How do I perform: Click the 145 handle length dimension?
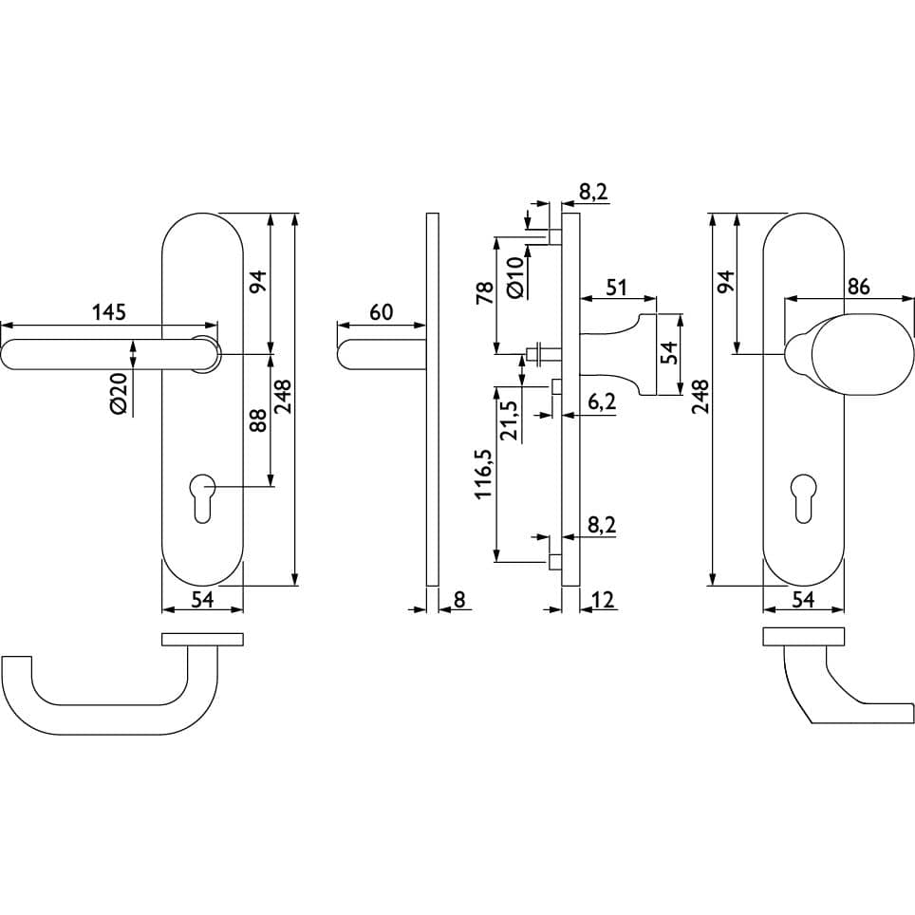(x=109, y=312)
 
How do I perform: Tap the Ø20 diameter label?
(x=118, y=393)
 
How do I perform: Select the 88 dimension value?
(x=258, y=420)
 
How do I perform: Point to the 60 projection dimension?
(x=381, y=312)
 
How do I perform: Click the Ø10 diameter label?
(x=514, y=278)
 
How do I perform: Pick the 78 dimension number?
(x=485, y=291)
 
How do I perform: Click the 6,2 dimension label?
(x=602, y=402)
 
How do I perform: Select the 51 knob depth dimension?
(x=616, y=288)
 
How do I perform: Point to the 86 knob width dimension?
(x=857, y=287)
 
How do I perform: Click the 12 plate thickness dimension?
(x=604, y=600)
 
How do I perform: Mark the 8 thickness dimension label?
(x=459, y=600)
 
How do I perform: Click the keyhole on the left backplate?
(x=202, y=499)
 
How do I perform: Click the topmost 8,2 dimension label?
(x=593, y=192)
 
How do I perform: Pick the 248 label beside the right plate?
(x=700, y=397)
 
